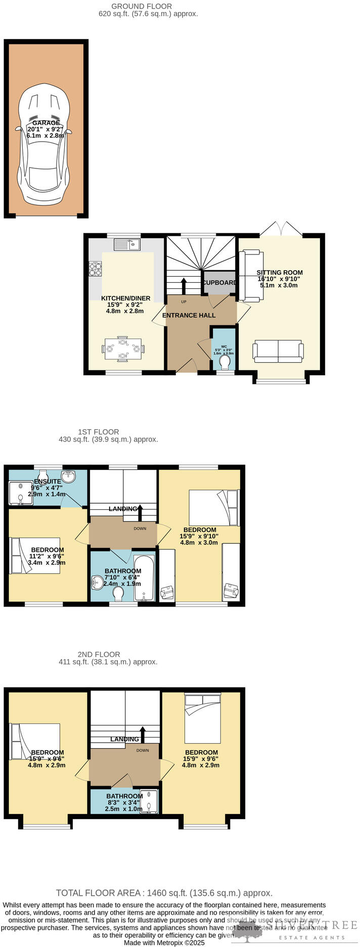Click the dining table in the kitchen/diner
pyautogui.click(x=123, y=349)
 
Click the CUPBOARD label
pyautogui.click(x=220, y=282)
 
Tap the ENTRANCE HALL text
pyautogui.click(x=189, y=315)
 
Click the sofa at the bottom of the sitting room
pyautogui.click(x=278, y=351)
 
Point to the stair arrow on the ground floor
pyautogui.click(x=184, y=284)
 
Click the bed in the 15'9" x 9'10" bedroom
pyautogui.click(x=212, y=507)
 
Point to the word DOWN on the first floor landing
pyautogui.click(x=140, y=529)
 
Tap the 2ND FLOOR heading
pyautogui.click(x=99, y=654)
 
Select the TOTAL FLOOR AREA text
pyautogui.click(x=164, y=893)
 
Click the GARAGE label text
pyautogui.click(x=46, y=123)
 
